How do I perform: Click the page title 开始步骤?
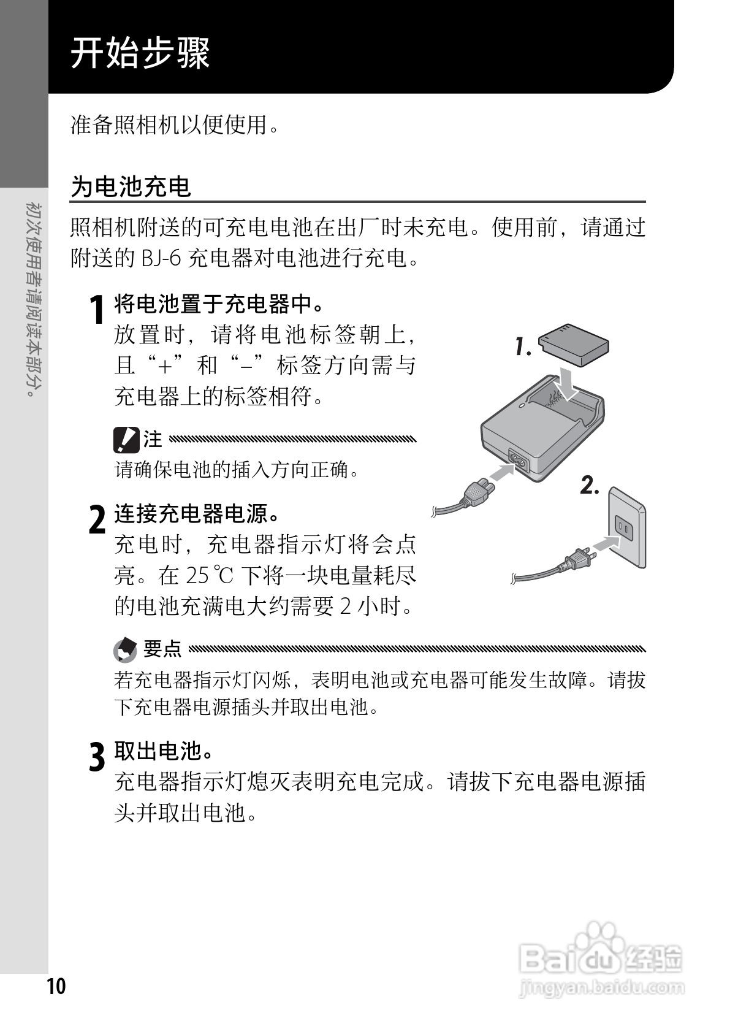140,53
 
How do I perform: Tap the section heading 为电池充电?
131,186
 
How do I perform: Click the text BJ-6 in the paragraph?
161,258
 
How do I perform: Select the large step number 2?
97,519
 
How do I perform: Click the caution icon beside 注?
126,439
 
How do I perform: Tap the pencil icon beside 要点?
126,649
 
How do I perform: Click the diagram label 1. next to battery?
522,347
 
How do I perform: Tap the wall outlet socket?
625,527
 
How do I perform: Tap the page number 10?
55,986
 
